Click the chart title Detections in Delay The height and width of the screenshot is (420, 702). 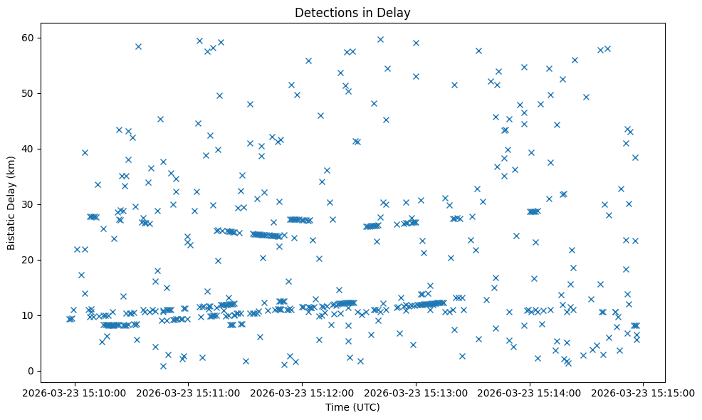tap(352, 13)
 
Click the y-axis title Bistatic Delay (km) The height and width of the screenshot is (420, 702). tap(11, 201)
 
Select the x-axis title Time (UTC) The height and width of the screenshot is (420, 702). tap(352, 407)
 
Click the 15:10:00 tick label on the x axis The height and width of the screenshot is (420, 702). tap(75, 392)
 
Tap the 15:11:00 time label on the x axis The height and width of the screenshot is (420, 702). tap(189, 392)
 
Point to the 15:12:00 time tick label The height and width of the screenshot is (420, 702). tap(303, 392)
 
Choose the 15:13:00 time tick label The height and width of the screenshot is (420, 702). tap(416, 392)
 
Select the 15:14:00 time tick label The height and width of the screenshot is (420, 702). tap(530, 392)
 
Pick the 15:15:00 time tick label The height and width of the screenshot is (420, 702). tap(644, 392)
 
